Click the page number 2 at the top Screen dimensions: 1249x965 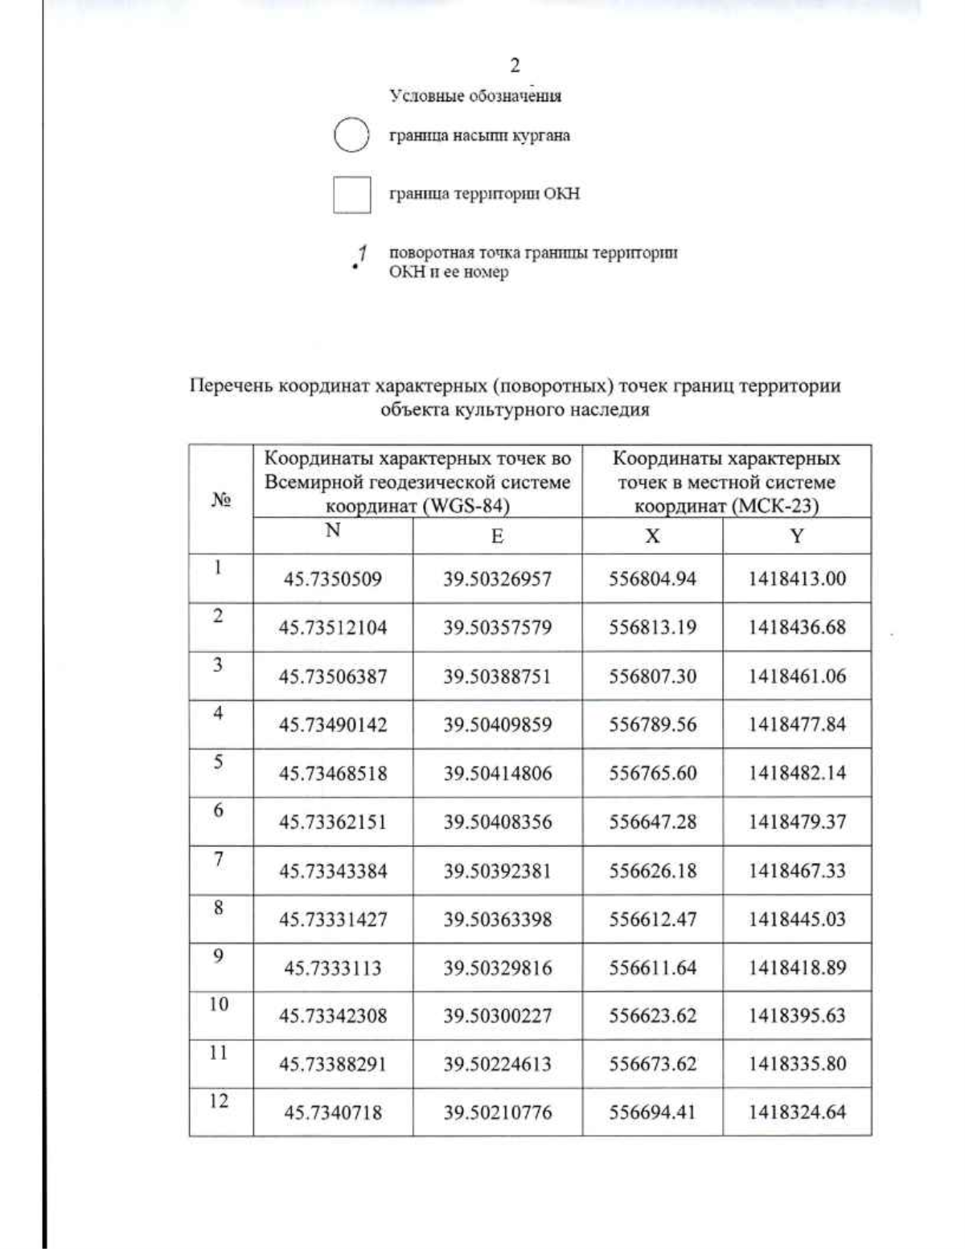515,66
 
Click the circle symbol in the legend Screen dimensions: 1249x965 351,135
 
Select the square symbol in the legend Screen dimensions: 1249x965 351,195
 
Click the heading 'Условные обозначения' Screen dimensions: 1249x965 475,97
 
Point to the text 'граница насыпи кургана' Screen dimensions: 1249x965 479,136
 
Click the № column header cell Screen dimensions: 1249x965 221,499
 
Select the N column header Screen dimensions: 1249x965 333,531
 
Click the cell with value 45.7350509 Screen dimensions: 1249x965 333,579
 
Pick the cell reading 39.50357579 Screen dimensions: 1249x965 497,627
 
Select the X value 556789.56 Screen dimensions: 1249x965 652,725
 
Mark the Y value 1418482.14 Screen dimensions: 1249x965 796,774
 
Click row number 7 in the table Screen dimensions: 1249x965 218,859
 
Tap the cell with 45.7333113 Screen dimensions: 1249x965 333,968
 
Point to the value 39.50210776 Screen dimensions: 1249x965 497,1113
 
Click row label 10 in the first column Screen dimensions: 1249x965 219,1005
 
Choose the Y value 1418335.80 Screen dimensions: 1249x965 796,1065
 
